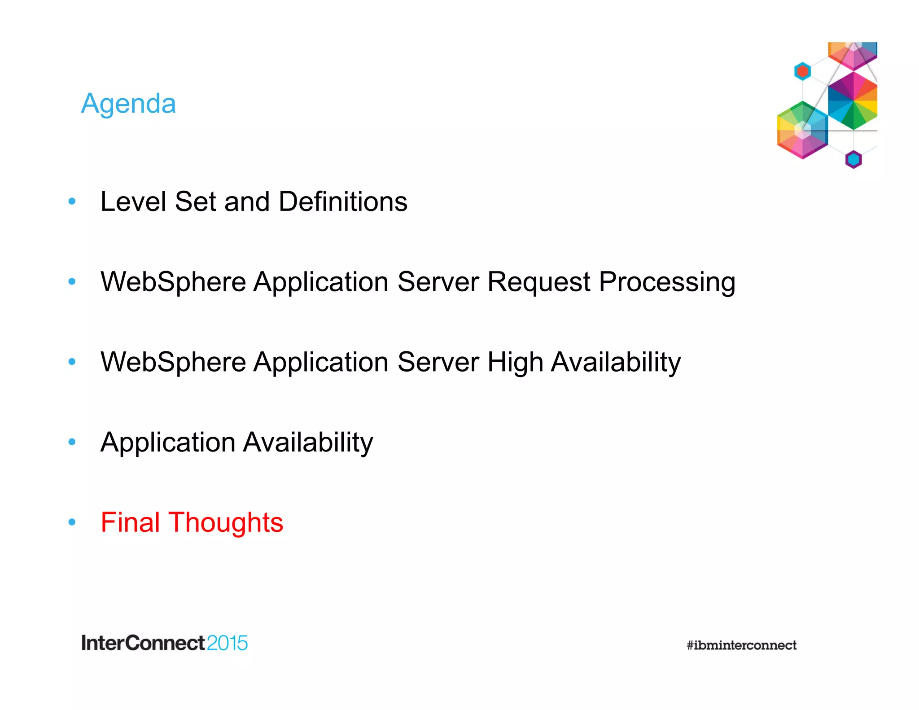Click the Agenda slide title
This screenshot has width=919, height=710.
(128, 104)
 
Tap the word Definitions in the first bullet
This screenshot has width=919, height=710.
(343, 202)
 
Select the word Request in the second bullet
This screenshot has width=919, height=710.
(538, 282)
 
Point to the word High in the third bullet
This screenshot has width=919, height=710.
(515, 363)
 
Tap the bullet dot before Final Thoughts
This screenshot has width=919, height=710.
(72, 522)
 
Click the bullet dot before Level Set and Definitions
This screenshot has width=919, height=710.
(72, 201)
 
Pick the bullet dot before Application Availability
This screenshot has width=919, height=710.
(72, 442)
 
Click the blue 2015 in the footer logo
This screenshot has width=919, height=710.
(228, 643)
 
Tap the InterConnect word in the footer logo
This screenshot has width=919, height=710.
(143, 643)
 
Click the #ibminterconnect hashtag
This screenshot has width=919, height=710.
(741, 645)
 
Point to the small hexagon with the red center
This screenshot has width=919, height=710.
(802, 71)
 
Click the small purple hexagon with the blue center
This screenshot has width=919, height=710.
(853, 159)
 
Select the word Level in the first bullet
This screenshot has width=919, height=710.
(133, 202)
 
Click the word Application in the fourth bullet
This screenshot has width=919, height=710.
(168, 443)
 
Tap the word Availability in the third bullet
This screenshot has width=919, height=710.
(616, 363)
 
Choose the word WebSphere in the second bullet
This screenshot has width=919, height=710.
(173, 282)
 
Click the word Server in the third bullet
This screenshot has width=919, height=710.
(438, 362)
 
